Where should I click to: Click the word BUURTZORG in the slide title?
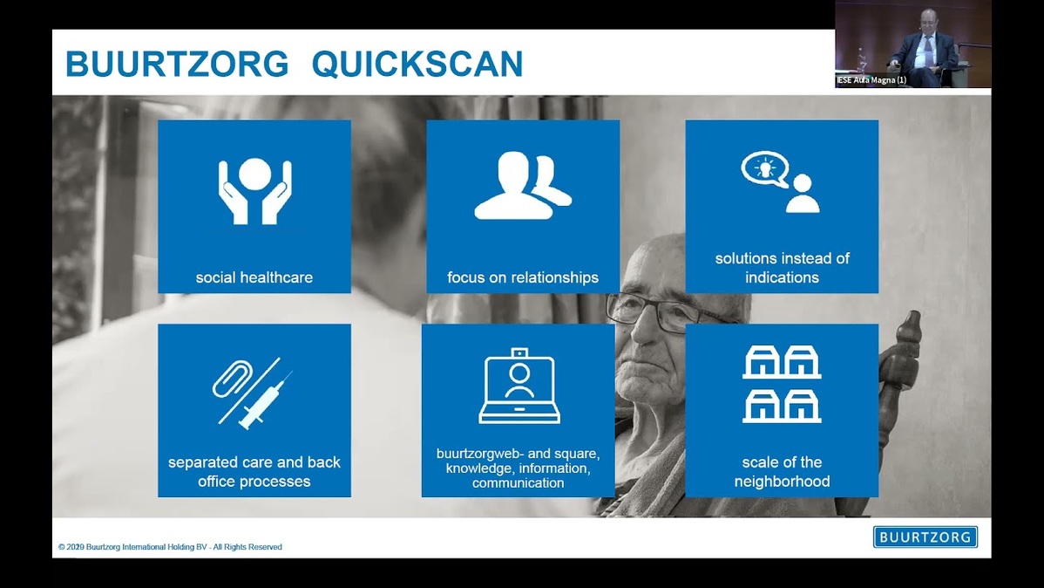point(177,64)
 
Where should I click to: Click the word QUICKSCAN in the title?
point(417,64)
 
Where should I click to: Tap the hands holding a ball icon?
point(255,191)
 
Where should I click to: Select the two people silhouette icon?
point(523,185)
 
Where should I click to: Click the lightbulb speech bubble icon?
point(765,168)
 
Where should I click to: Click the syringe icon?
point(266,400)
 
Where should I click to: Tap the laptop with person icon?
point(519,386)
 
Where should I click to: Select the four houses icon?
point(782,384)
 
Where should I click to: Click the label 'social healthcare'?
point(254,277)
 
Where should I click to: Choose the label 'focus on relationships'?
point(523,277)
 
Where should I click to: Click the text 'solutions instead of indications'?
point(783,268)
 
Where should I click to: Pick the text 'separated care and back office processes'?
point(254,471)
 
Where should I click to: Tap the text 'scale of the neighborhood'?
point(783,471)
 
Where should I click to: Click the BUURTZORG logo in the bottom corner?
point(925,537)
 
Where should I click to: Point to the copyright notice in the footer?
point(170,547)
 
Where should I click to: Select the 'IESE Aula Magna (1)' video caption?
point(871,80)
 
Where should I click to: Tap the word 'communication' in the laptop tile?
point(518,482)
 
